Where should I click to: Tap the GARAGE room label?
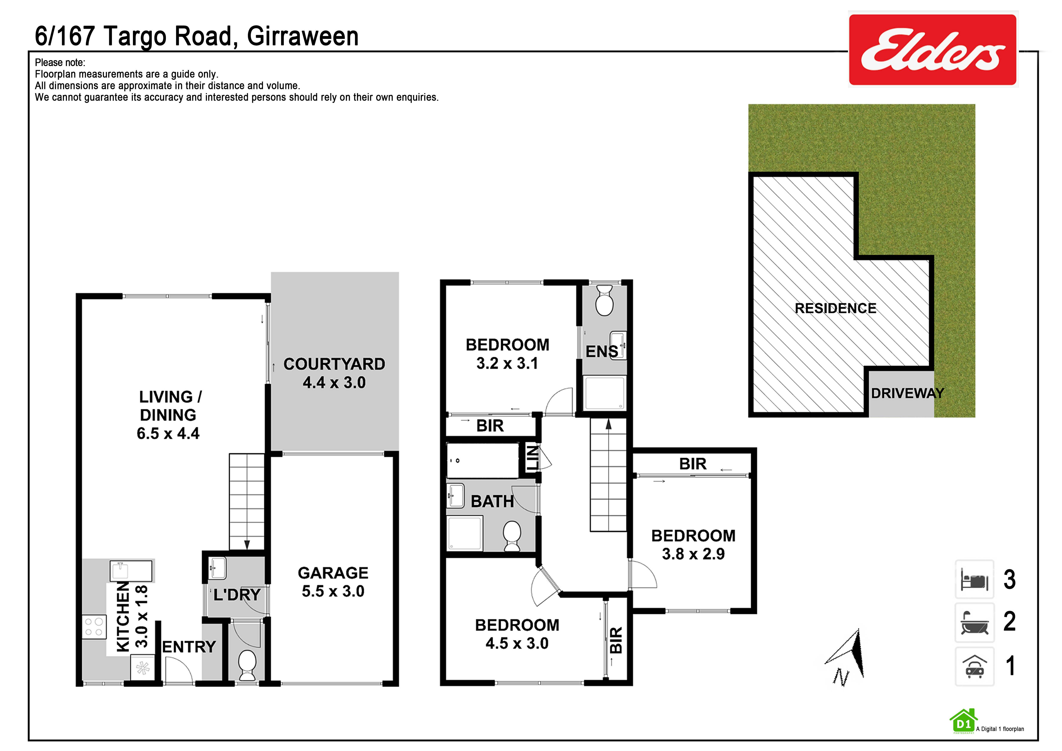tap(333, 573)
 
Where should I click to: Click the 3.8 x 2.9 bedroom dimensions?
tap(693, 554)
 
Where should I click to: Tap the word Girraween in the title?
tap(303, 36)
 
